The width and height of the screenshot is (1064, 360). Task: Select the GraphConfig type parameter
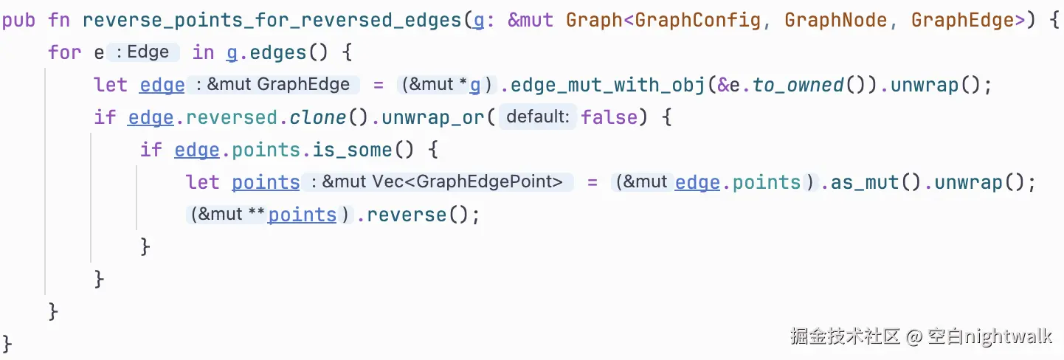point(697,20)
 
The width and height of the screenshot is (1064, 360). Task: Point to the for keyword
point(64,52)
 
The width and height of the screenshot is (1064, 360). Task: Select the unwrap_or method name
point(438,117)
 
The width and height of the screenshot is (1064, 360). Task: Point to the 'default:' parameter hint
point(538,117)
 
